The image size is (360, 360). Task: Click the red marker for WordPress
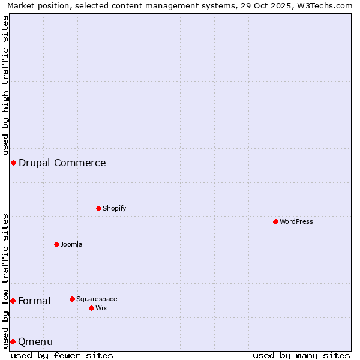pos(275,221)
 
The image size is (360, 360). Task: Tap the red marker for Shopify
pos(98,208)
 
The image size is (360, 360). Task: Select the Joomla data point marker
pos(56,244)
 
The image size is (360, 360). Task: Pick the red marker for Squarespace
pos(72,299)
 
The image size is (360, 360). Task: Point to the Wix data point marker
pos(91,308)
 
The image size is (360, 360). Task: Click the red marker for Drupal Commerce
pos(13,163)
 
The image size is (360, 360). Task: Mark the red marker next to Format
pos(13,301)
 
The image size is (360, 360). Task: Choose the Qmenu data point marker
pos(13,341)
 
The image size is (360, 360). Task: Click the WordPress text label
pos(296,221)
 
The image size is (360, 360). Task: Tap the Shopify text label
pos(114,208)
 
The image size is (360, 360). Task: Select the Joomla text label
pos(71,244)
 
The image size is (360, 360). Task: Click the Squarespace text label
pos(97,299)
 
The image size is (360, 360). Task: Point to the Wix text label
pos(101,308)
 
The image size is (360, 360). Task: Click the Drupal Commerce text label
pos(62,163)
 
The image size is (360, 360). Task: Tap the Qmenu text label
pos(35,341)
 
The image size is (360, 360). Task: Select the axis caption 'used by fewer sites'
pos(62,355)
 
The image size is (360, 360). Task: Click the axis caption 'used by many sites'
pos(301,355)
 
